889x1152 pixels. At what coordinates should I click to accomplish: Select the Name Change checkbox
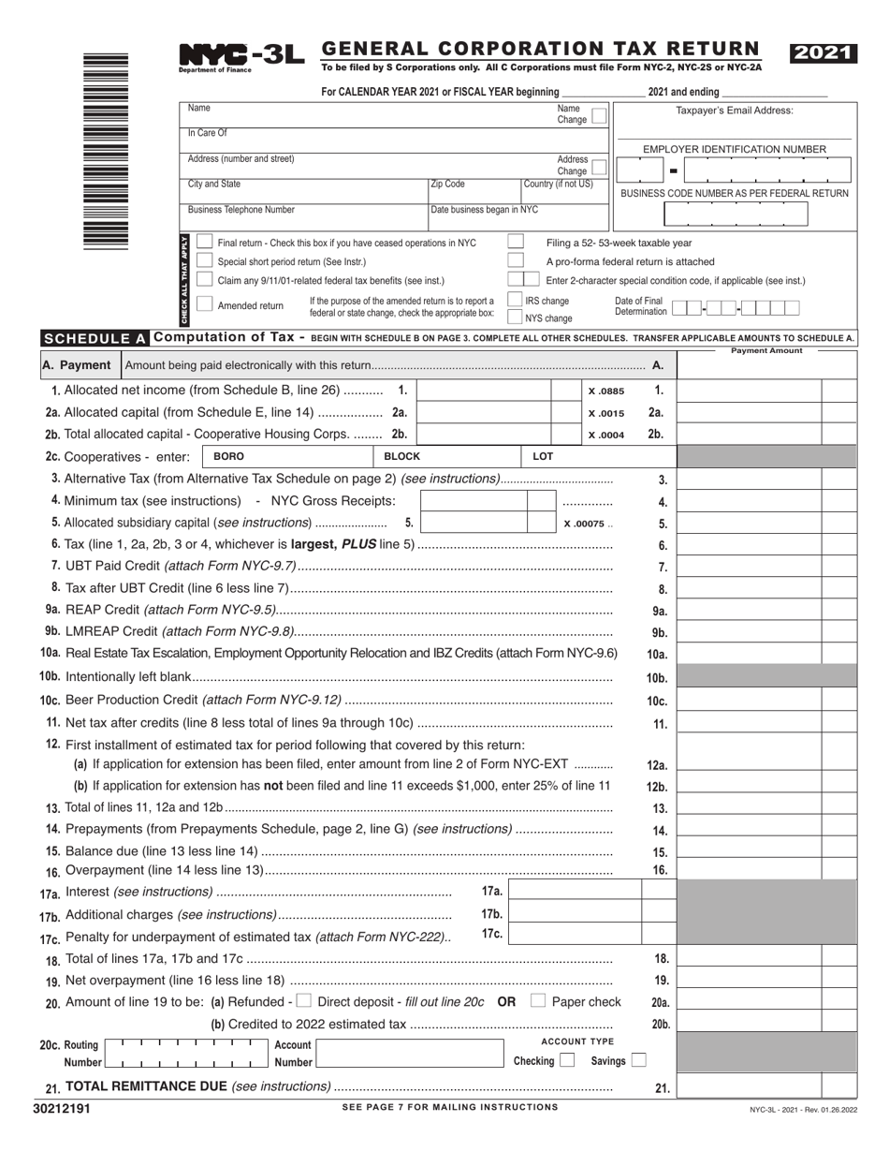599,115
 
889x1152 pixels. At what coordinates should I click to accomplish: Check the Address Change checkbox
599,167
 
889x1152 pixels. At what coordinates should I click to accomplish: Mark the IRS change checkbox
515,300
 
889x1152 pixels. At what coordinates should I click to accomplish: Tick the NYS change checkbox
515,318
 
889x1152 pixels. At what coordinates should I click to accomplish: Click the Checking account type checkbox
566,1061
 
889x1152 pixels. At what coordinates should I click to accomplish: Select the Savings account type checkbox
638,1061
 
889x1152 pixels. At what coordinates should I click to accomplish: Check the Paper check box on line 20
537,1001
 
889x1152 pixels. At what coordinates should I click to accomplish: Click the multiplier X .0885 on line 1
605,391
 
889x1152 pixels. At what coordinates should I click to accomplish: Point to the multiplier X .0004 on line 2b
605,435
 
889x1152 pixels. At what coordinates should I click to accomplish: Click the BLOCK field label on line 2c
402,456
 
